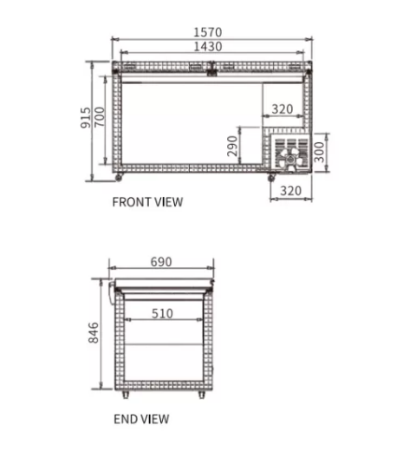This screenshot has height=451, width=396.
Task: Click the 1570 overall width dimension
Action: tap(208, 32)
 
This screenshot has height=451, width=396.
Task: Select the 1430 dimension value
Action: tap(208, 47)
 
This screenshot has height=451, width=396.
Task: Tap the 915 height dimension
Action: tap(86, 117)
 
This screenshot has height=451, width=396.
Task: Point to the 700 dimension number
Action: tap(100, 116)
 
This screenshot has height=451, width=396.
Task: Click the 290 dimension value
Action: tap(232, 146)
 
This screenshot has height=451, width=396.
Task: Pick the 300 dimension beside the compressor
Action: tap(320, 152)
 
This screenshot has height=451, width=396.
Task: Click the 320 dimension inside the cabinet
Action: tap(282, 109)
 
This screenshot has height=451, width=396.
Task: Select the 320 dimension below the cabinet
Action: tap(291, 191)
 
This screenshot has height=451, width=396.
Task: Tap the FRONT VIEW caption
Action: tap(147, 202)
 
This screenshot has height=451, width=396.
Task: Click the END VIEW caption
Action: tap(141, 419)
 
